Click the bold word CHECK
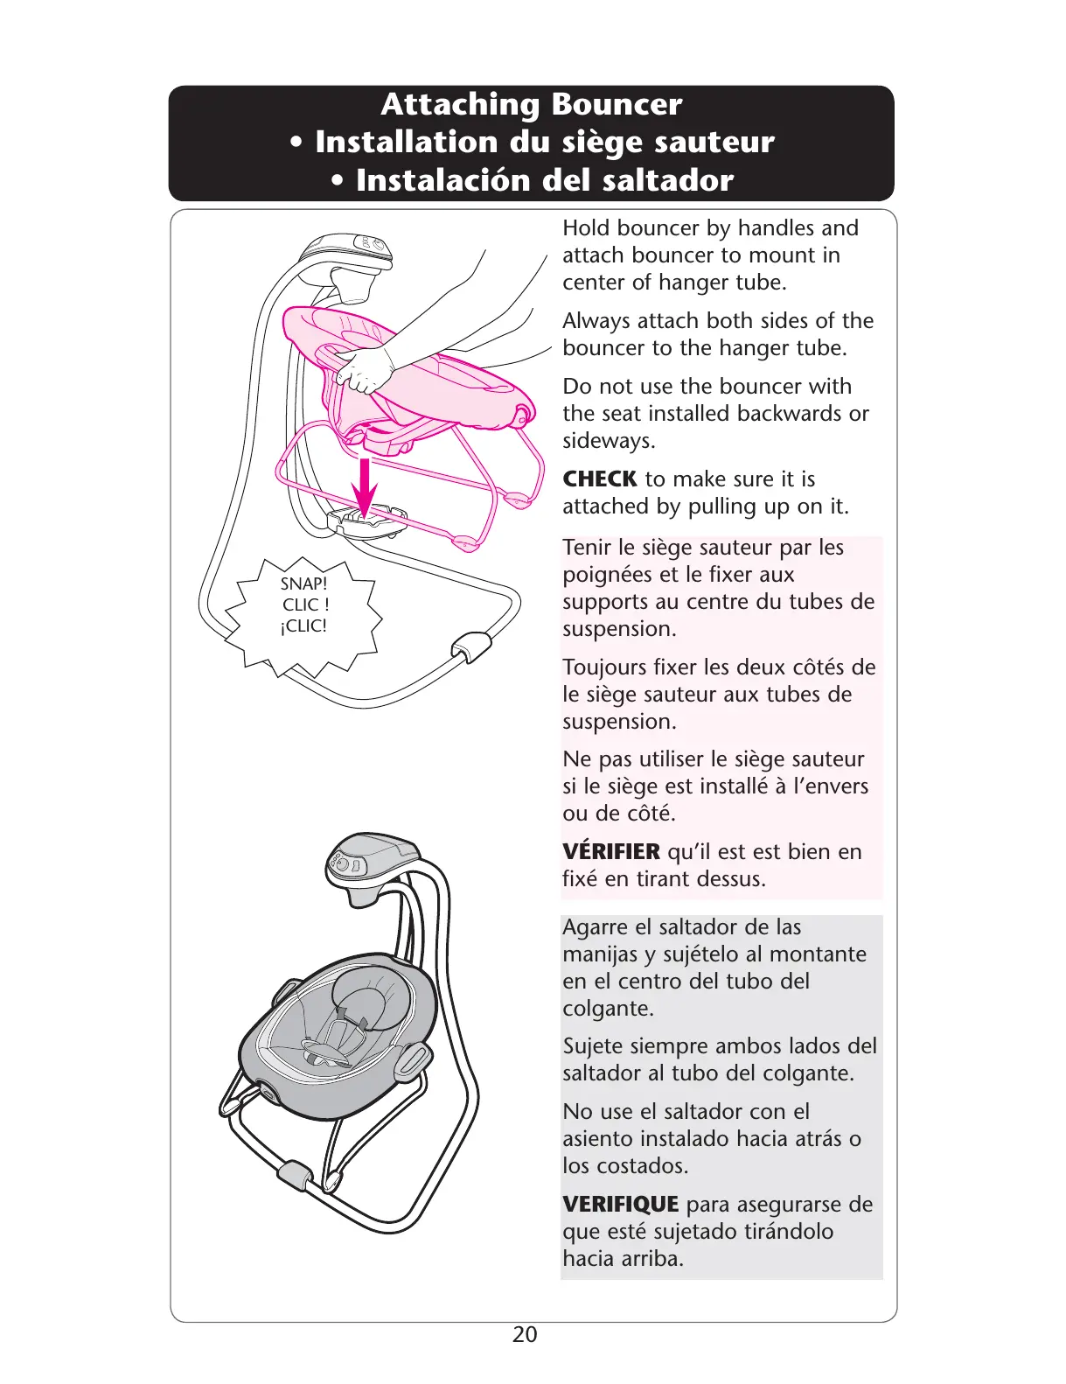599,479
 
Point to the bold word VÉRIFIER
610,852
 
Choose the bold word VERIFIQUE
620,1205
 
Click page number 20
525,1334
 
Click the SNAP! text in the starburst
303,584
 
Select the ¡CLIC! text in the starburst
303,626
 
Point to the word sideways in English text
609,441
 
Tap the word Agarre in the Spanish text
595,927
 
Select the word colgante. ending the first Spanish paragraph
608,1009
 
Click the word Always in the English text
595,321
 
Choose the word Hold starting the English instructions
586,228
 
